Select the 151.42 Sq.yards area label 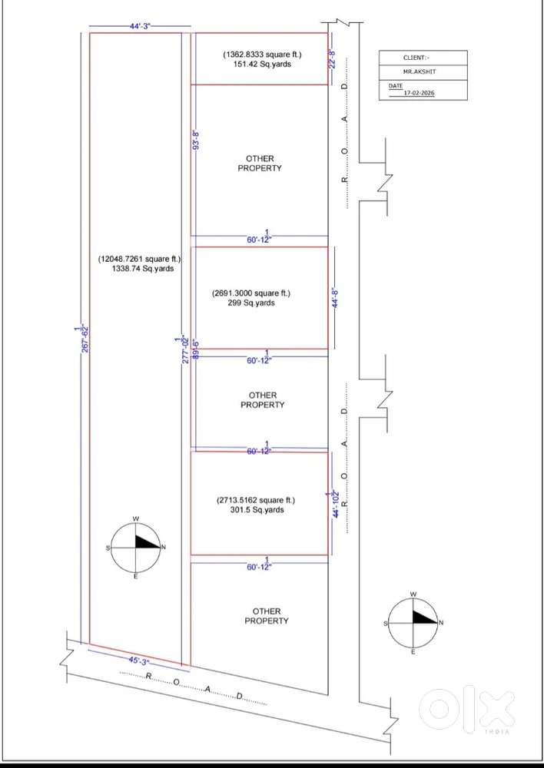click(x=262, y=65)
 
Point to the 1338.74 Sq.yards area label click(x=143, y=268)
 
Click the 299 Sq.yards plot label click(x=251, y=303)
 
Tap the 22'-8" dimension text click(x=333, y=58)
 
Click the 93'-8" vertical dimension click(x=197, y=140)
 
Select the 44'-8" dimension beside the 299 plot click(x=337, y=298)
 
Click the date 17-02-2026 click(x=419, y=93)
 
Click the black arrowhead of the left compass click(x=145, y=542)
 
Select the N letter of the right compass click(x=441, y=623)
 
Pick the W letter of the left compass click(x=136, y=519)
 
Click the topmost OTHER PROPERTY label click(x=260, y=164)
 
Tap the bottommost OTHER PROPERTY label click(x=267, y=616)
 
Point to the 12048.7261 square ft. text click(x=140, y=259)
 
